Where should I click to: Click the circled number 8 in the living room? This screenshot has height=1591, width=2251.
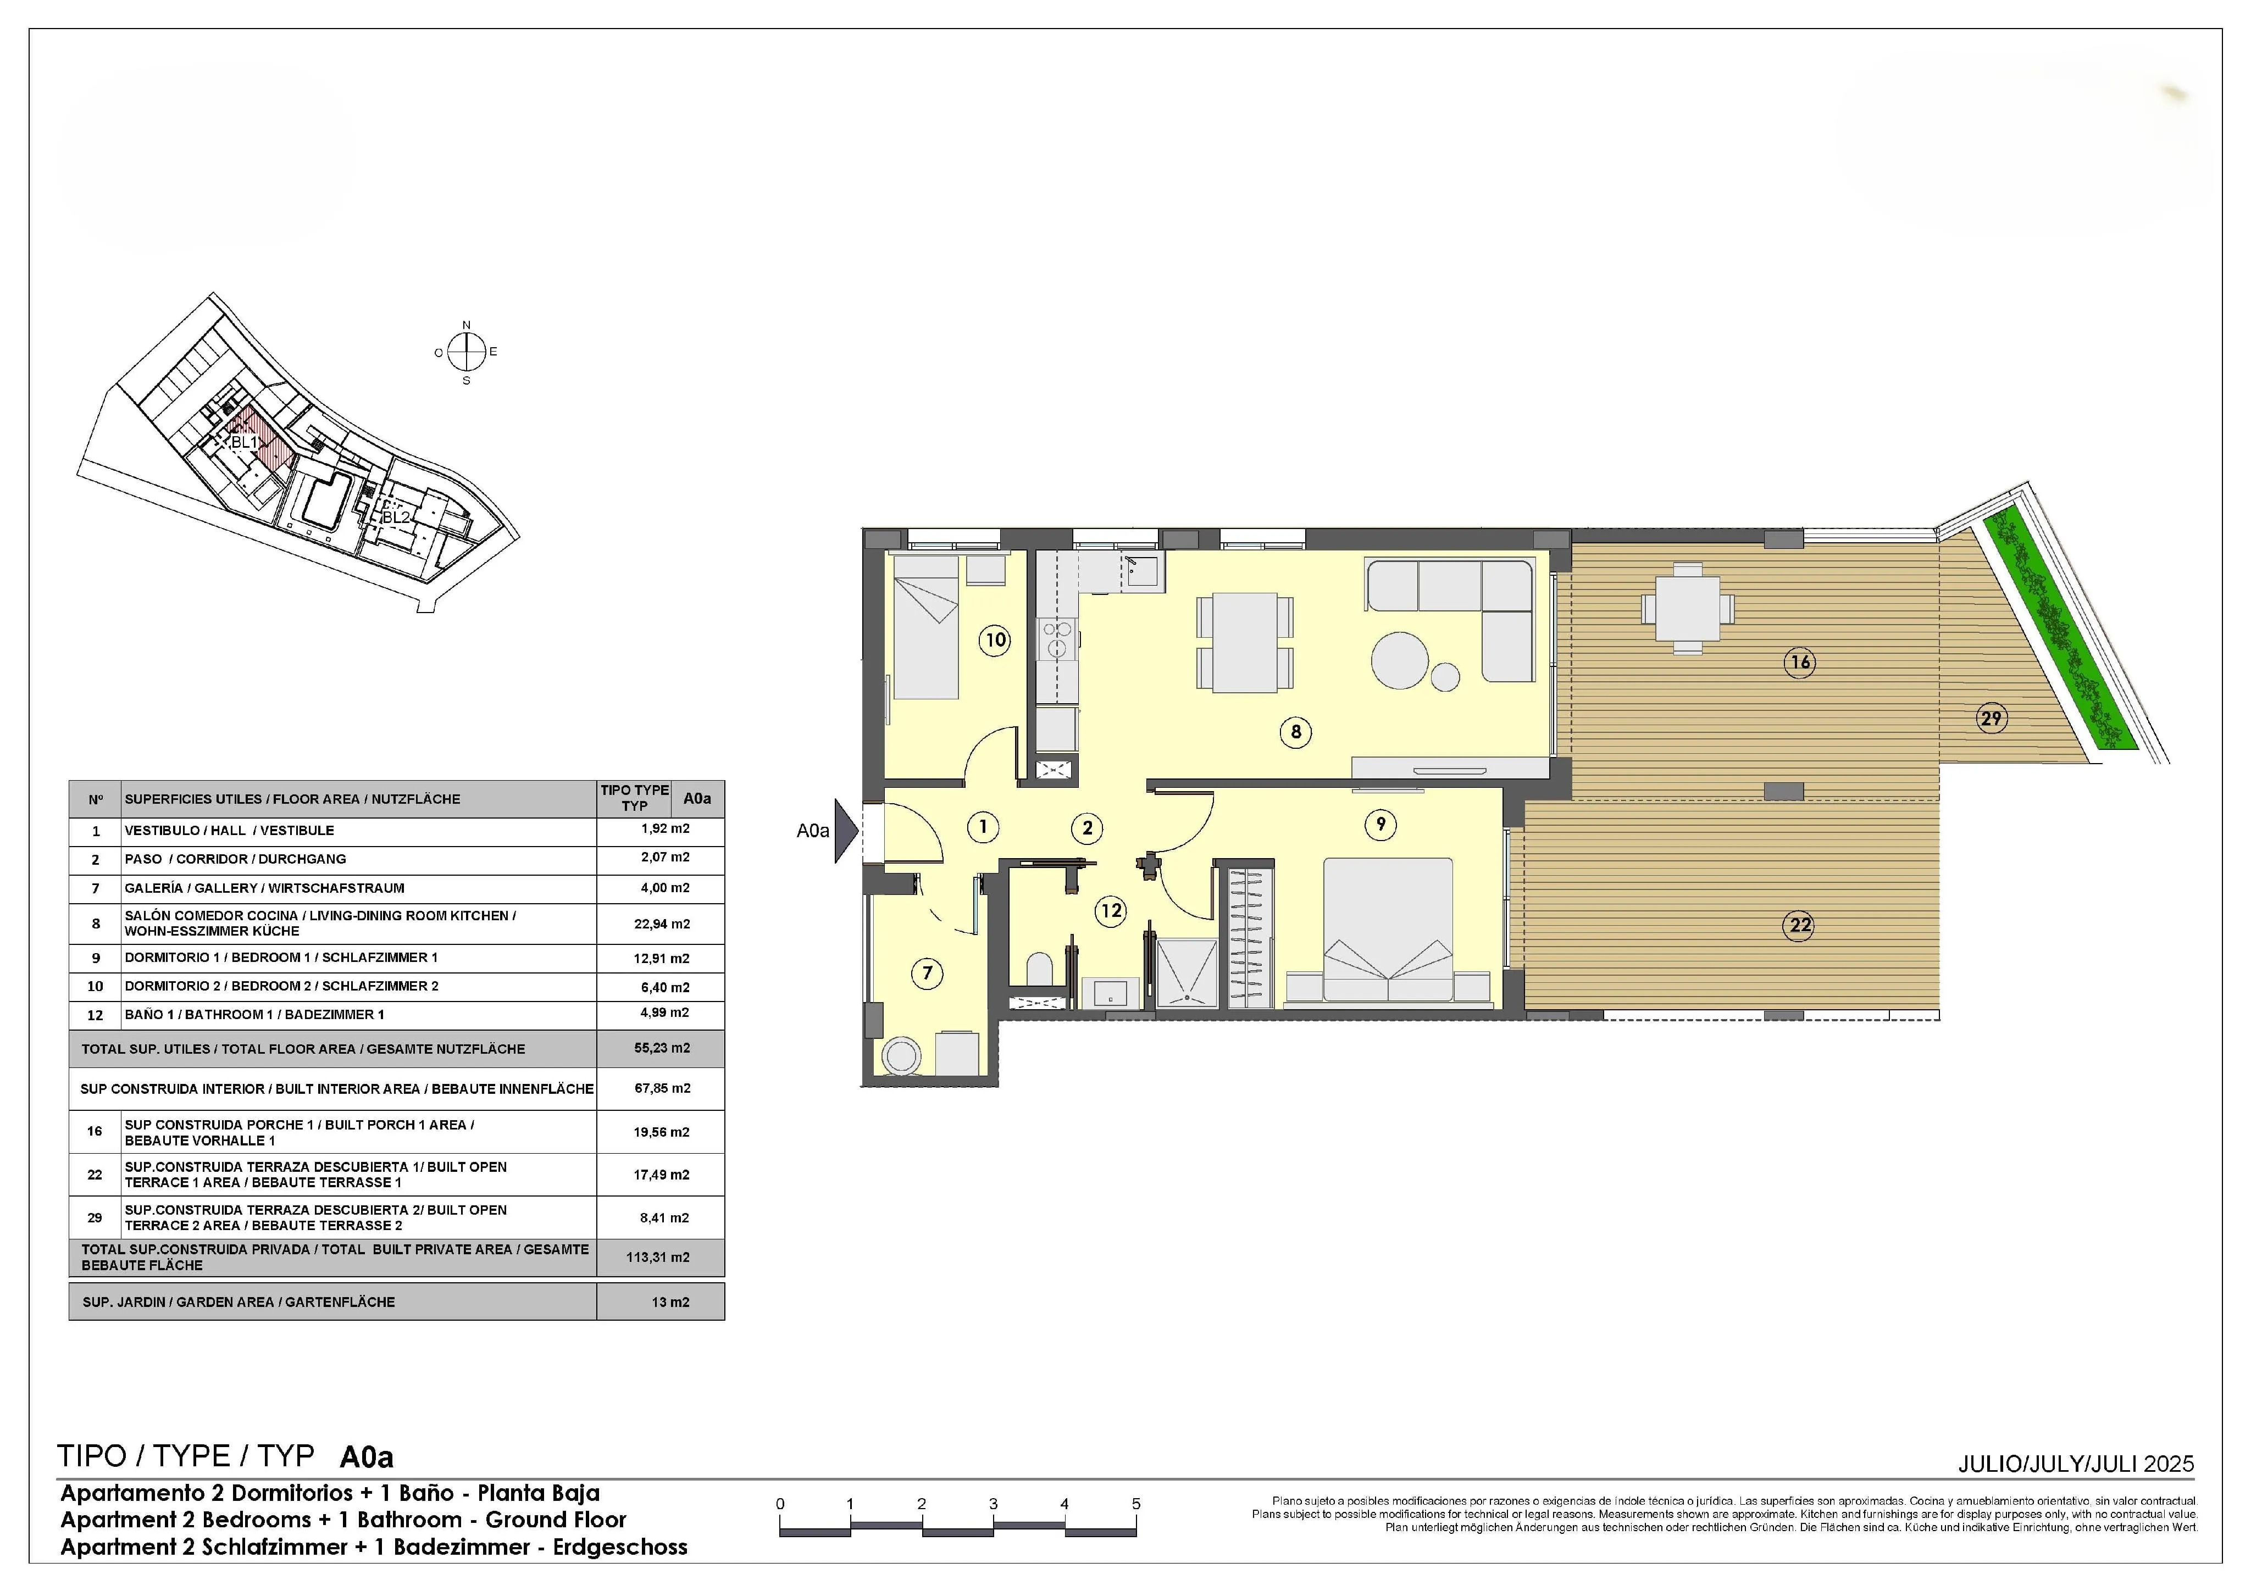coord(1296,731)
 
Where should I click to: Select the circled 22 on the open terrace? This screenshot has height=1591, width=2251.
coord(1800,925)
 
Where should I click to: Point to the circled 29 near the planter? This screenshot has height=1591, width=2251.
coord(1991,719)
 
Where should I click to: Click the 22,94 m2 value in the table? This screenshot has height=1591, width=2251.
coord(662,924)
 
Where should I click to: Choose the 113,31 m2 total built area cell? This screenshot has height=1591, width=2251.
coord(658,1257)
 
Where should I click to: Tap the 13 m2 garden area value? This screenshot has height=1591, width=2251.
coord(670,1302)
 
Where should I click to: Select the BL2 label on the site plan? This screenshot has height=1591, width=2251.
coord(396,516)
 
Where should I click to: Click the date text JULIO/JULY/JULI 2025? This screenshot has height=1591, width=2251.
coord(2076,1464)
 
